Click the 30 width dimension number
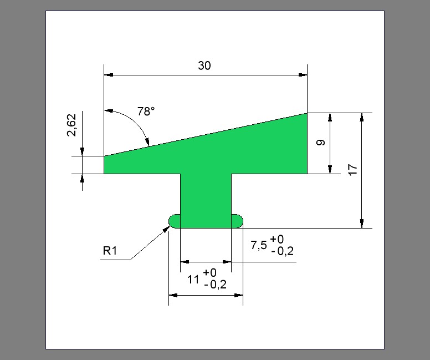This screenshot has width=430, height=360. (204, 65)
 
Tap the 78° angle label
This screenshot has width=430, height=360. (146, 111)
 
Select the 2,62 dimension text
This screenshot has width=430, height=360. (72, 125)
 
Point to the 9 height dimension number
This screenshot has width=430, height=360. (320, 143)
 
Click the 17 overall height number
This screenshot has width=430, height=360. (352, 169)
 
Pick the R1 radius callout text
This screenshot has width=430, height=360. (110, 250)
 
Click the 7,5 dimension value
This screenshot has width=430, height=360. (259, 245)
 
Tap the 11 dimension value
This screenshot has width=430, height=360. (193, 280)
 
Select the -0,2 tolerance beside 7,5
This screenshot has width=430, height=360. (283, 251)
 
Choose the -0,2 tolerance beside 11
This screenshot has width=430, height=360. (215, 285)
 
